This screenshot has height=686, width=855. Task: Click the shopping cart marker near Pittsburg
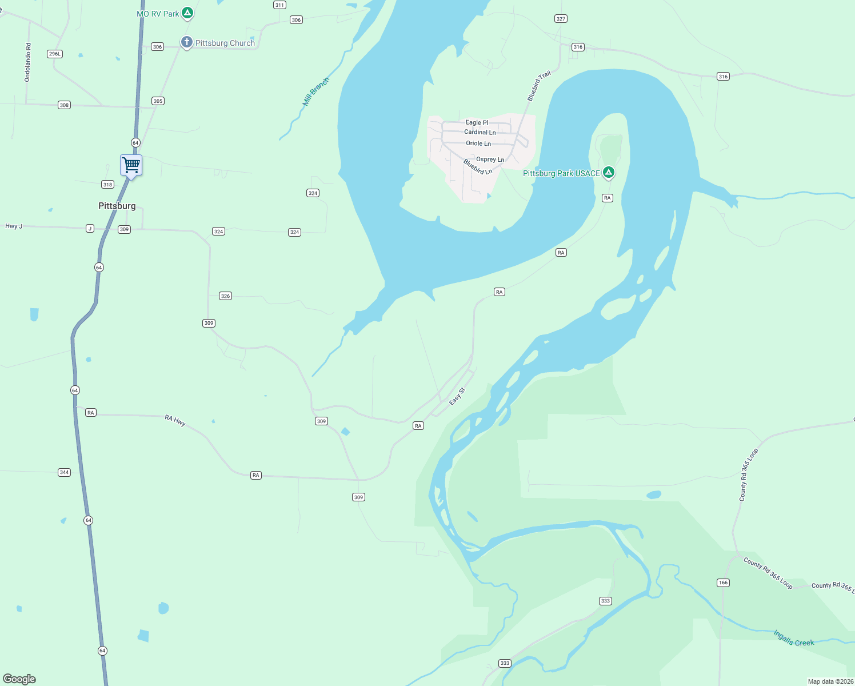tap(131, 165)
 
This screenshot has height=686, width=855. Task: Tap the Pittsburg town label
tap(117, 206)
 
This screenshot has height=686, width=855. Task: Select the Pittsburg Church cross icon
tap(186, 42)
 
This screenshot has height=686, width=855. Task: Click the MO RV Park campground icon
tap(187, 13)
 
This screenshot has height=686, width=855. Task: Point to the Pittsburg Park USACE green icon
tap(609, 172)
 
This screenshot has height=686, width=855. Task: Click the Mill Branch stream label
tap(315, 91)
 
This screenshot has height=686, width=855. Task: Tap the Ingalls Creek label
tap(793, 638)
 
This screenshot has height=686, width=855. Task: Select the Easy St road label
tap(457, 396)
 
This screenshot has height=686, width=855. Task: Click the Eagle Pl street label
tap(477, 122)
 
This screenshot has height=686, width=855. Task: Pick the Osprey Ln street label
tap(490, 159)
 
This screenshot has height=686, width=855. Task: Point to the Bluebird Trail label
tap(538, 86)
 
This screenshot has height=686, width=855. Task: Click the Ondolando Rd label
tap(28, 62)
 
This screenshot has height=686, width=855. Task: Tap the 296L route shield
tap(55, 54)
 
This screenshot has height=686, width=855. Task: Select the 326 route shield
tap(225, 296)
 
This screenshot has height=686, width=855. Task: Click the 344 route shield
tap(64, 472)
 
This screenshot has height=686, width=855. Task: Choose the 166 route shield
tap(723, 583)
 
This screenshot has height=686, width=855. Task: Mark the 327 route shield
tap(561, 19)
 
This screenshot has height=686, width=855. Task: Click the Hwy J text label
tap(14, 226)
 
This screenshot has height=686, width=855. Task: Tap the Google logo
tap(19, 679)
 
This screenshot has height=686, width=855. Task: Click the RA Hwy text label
tap(175, 421)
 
